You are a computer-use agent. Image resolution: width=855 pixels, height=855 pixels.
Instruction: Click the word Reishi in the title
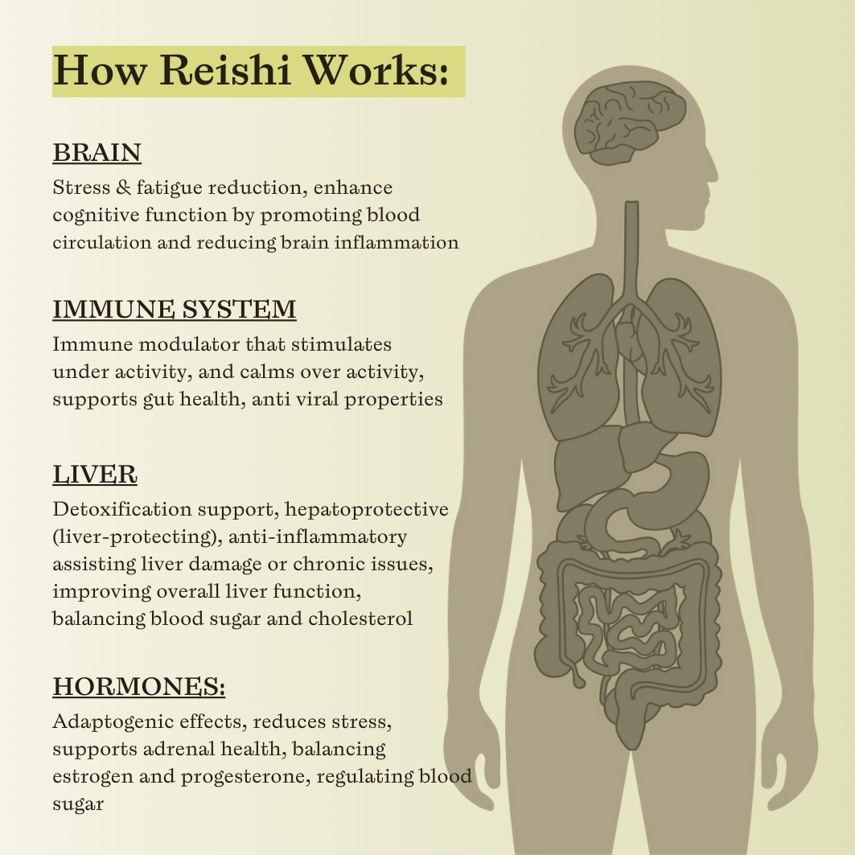[x=225, y=70]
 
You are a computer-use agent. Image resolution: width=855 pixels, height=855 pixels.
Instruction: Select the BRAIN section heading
[x=97, y=153]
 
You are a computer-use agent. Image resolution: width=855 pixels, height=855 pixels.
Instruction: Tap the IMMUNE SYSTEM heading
[x=175, y=309]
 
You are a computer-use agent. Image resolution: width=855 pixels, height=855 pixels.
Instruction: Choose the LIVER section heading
[x=95, y=474]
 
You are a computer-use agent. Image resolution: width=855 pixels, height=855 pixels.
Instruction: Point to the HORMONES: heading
[x=139, y=687]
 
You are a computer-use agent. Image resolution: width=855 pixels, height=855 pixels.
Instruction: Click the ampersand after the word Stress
[x=124, y=187]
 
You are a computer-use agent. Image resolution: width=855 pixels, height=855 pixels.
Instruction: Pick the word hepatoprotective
[x=367, y=510]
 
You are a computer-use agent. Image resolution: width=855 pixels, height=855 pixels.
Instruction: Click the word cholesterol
[x=360, y=619]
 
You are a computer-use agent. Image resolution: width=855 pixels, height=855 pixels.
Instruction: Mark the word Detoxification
[x=122, y=509]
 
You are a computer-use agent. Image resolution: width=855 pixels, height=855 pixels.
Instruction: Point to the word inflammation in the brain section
[x=397, y=242]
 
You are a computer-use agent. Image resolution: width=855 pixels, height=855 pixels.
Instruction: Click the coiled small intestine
[x=627, y=627]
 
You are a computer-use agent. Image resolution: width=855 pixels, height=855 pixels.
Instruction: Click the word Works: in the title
[x=375, y=70]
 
